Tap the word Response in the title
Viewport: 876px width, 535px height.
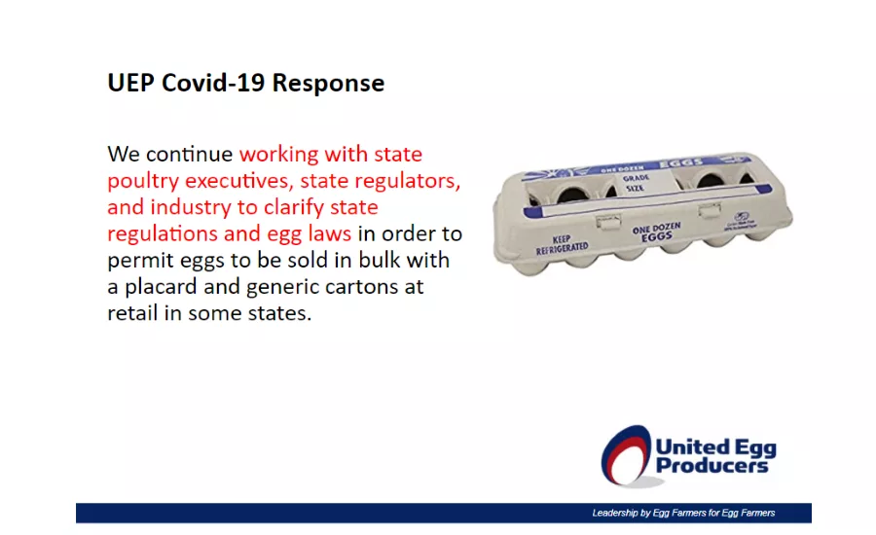point(328,84)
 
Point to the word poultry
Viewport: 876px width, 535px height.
point(139,182)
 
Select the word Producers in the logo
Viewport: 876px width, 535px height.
point(712,465)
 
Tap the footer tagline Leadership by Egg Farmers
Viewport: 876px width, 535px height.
point(683,513)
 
